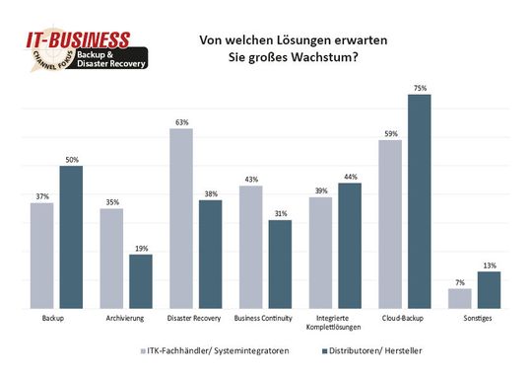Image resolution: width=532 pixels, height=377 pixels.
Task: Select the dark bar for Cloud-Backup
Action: click(x=420, y=202)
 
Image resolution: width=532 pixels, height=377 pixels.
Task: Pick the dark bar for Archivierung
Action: click(x=140, y=282)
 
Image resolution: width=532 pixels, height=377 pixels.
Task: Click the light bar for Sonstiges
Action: click(x=460, y=299)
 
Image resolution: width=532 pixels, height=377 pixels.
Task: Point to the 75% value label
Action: click(x=420, y=88)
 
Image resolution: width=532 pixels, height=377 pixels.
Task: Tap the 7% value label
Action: click(x=460, y=282)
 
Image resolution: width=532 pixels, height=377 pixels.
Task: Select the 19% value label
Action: click(x=140, y=248)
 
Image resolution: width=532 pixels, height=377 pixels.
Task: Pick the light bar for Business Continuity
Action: click(x=250, y=248)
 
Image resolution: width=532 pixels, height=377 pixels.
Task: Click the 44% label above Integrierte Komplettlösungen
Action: click(x=349, y=177)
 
